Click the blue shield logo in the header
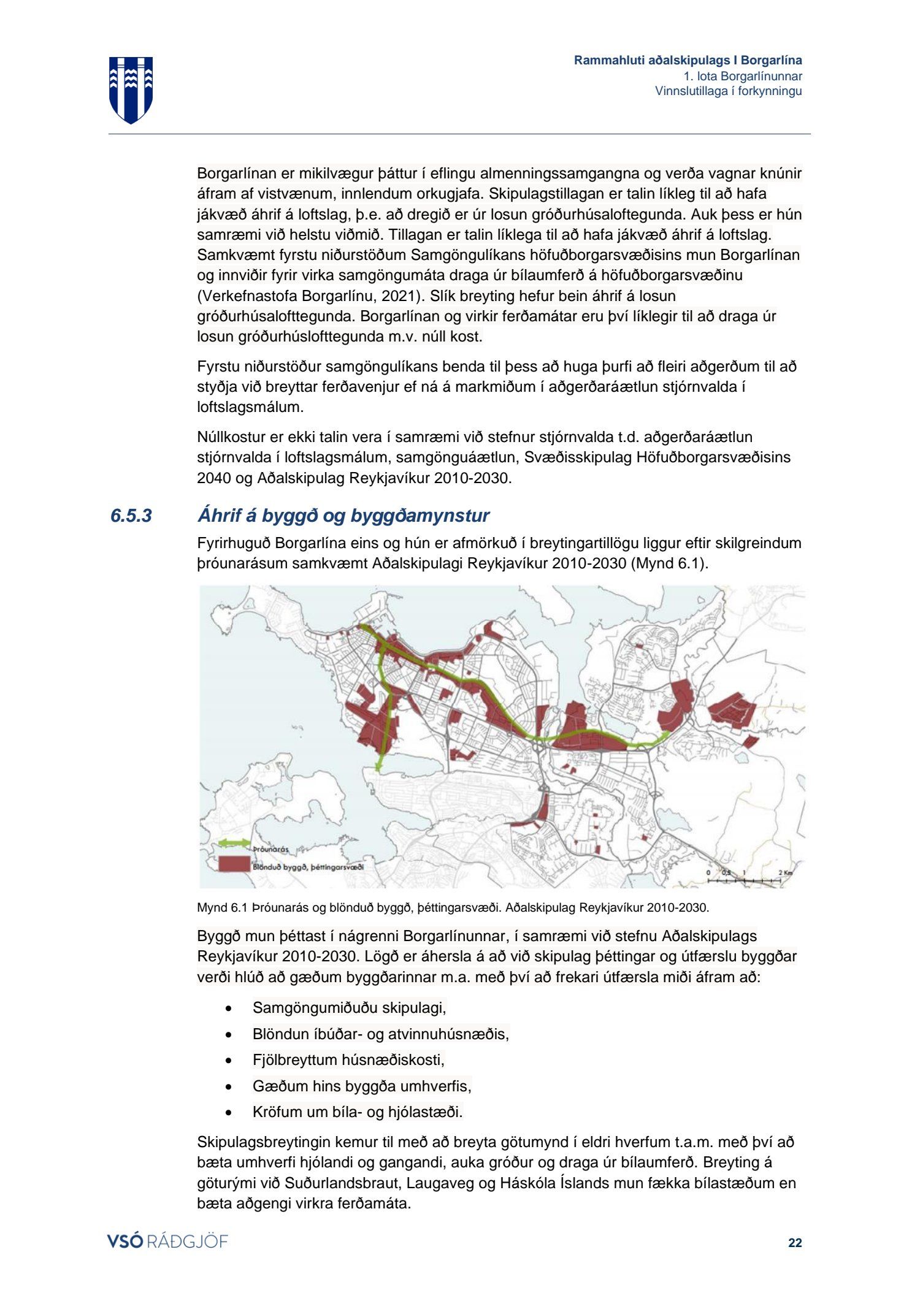(x=131, y=90)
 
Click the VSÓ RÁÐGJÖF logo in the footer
(x=167, y=1242)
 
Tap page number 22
(x=795, y=1243)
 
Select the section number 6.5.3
(x=131, y=516)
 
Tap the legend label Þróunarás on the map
(x=270, y=850)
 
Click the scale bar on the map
(x=744, y=880)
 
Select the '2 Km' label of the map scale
(x=785, y=872)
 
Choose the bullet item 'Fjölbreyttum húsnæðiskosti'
(x=348, y=1059)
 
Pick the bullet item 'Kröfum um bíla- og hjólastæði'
(x=358, y=1112)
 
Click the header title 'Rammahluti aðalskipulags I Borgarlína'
(x=688, y=60)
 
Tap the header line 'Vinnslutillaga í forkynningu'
(x=728, y=91)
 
